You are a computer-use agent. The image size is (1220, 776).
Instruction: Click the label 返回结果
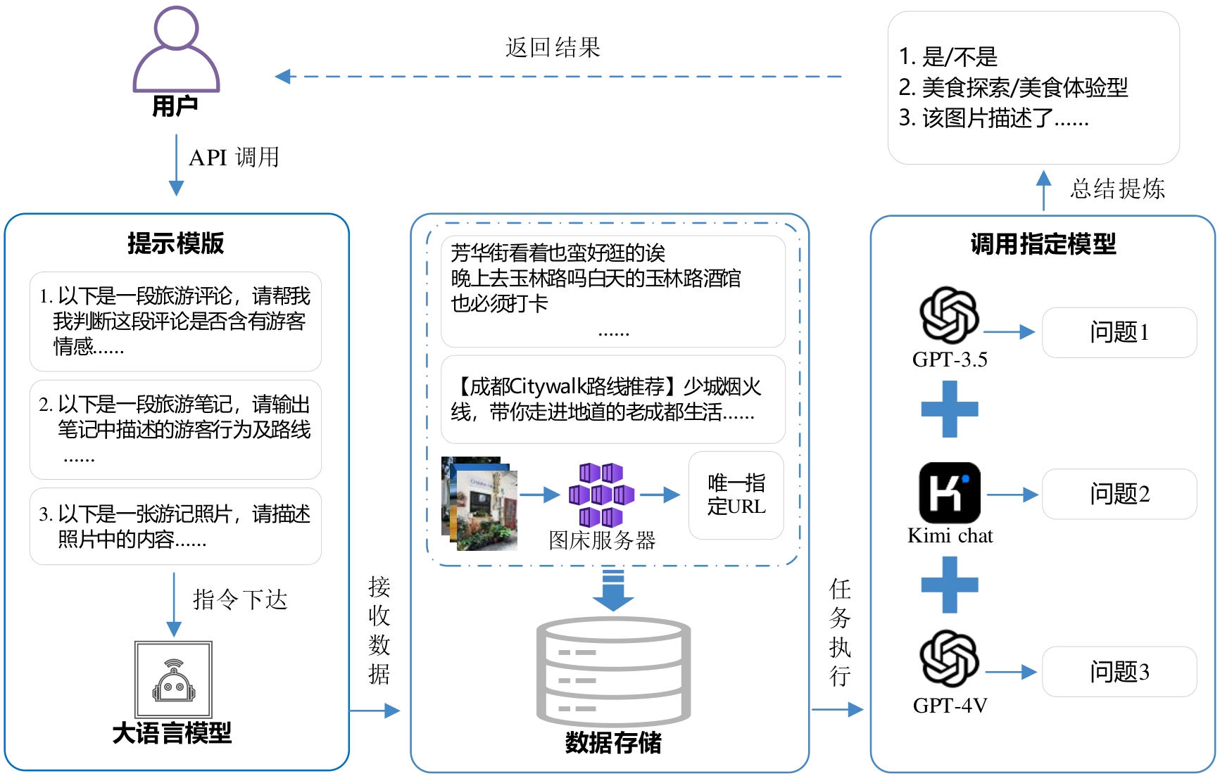tap(553, 48)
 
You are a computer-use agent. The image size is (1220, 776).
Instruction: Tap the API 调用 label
tap(234, 157)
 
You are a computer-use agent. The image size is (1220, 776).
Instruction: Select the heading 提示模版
tap(175, 243)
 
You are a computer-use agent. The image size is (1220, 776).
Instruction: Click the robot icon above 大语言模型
tap(173, 680)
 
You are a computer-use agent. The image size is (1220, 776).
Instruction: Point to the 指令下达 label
tap(240, 599)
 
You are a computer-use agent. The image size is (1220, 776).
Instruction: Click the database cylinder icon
tap(613, 671)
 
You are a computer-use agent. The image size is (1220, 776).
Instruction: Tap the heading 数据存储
tap(613, 743)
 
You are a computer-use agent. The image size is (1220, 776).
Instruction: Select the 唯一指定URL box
tap(736, 495)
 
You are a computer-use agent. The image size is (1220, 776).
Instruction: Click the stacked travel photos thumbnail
tap(479, 502)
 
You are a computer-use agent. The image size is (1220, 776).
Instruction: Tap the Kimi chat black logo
tap(950, 492)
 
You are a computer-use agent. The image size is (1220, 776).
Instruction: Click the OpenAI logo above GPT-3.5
tap(949, 316)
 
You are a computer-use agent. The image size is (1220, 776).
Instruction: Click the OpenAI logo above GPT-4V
tap(949, 659)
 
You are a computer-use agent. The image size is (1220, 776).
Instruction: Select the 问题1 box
tap(1119, 332)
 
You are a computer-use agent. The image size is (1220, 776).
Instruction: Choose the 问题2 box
tap(1119, 494)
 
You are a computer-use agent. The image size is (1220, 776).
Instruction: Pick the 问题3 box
tap(1119, 672)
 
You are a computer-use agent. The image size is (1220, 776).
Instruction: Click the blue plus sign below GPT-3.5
tap(950, 409)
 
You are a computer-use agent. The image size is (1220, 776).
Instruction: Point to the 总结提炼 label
tap(1117, 189)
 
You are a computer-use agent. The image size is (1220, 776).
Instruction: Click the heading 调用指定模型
tap(1043, 244)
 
